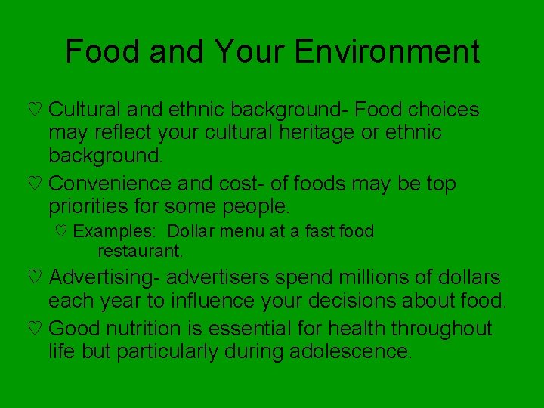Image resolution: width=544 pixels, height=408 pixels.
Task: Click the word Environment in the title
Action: [387, 51]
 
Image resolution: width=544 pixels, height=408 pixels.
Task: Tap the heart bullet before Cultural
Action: [33, 110]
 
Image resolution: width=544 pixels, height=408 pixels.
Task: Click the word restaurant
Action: [141, 249]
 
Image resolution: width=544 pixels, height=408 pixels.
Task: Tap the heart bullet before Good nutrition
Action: [33, 329]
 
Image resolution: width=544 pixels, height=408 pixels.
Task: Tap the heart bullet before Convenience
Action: [33, 184]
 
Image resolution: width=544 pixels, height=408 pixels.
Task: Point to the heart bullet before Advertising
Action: [33, 279]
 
